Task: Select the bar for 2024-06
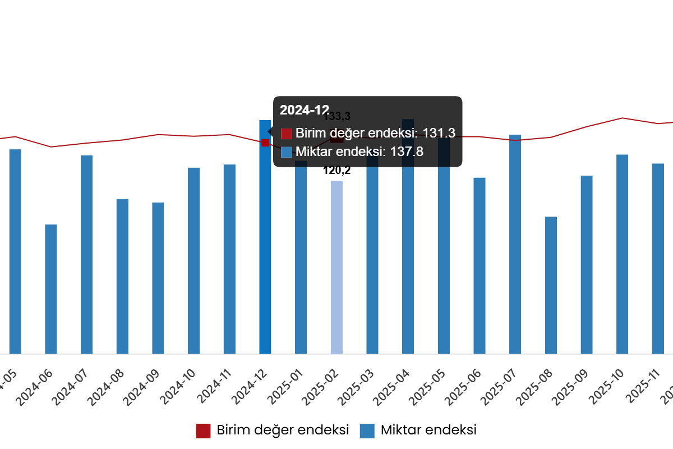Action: pos(51,289)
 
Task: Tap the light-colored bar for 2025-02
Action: pos(336,267)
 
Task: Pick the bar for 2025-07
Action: pos(515,244)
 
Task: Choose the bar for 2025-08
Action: pos(551,285)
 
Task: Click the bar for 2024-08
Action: pos(122,276)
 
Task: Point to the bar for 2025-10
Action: pos(623,254)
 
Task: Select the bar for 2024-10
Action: pos(194,260)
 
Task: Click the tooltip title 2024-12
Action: pos(304,110)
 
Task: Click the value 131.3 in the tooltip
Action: pos(439,134)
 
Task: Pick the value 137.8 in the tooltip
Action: pos(407,152)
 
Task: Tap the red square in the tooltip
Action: pos(287,134)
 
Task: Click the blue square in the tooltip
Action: pos(287,152)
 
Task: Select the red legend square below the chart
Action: pos(203,431)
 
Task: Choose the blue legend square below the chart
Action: pos(367,431)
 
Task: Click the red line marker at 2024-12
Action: pos(265,143)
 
